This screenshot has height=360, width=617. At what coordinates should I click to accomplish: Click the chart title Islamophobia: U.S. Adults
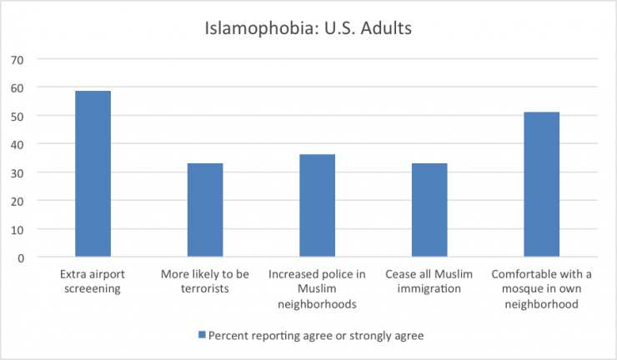point(308,27)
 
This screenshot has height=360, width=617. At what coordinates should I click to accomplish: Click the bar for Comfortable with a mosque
point(541,184)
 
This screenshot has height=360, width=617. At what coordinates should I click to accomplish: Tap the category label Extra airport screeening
point(93,282)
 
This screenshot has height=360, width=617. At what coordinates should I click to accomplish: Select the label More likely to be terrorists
point(205,282)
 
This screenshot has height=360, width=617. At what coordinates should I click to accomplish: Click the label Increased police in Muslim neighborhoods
point(318,288)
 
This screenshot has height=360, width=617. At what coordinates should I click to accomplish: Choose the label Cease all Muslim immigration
point(429,282)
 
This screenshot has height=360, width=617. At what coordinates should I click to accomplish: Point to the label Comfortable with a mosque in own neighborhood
point(542,288)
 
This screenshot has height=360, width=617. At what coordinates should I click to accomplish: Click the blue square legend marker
point(201,335)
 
